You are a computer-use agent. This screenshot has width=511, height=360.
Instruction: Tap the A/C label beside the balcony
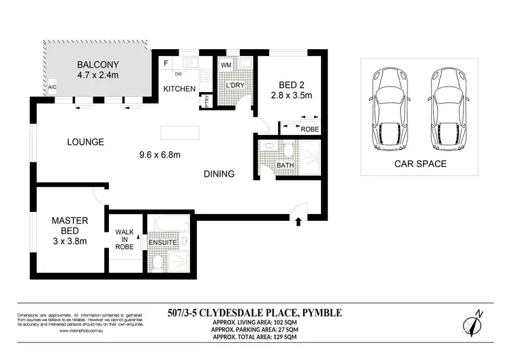point(52,87)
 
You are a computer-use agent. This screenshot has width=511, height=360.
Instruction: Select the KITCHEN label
point(179,89)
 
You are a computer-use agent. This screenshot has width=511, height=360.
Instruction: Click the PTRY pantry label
point(207,102)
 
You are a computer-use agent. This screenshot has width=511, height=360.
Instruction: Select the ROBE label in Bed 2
point(309,128)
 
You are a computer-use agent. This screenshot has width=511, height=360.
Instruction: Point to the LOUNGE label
point(85,142)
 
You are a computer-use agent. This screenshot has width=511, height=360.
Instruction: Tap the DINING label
point(219,174)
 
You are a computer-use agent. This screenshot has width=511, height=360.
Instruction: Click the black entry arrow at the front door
point(298,220)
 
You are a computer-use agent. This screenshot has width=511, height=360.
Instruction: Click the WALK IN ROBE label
point(124,239)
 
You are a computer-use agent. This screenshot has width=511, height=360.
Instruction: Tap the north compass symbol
point(474,322)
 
